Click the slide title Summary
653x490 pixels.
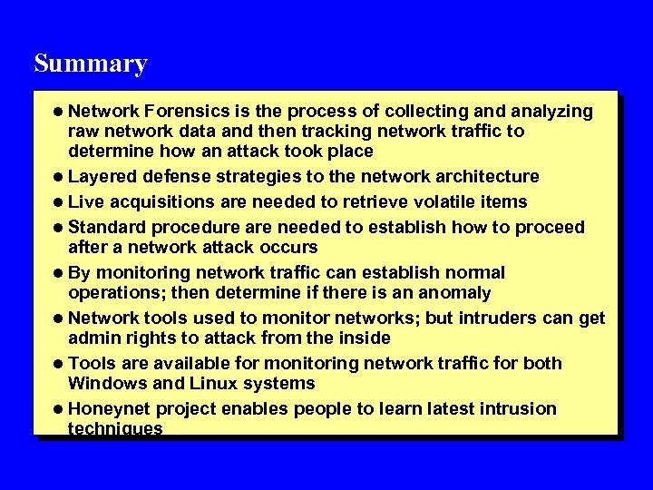90,64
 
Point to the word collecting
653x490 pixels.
424,112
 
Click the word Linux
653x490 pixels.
201,383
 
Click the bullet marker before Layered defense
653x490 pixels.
59,176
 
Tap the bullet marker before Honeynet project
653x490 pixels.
59,409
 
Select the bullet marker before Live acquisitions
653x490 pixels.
59,201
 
